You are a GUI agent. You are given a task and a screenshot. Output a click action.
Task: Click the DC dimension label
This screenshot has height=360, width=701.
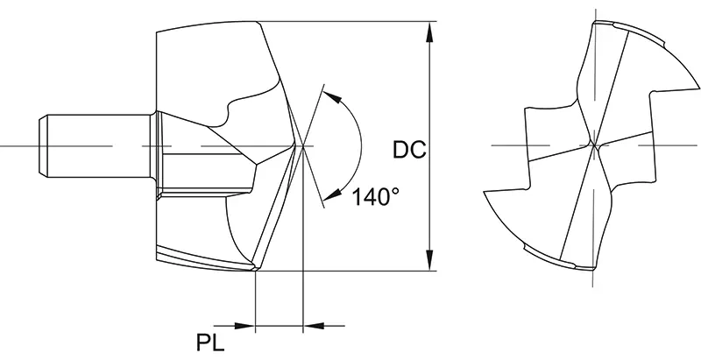(x=408, y=151)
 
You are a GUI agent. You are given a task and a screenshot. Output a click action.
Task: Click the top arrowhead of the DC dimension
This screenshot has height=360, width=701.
(x=429, y=31)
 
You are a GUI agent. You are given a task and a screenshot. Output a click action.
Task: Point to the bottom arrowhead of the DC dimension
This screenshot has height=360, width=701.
(x=429, y=261)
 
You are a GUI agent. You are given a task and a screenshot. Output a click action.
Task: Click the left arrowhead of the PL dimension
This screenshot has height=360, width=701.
(x=246, y=326)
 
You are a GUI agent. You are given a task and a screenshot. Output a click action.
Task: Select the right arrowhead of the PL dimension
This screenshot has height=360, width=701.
(x=310, y=326)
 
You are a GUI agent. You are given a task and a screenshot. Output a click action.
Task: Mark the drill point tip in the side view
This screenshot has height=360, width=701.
(x=301, y=145)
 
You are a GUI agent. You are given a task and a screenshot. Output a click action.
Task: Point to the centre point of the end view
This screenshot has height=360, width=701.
(x=593, y=145)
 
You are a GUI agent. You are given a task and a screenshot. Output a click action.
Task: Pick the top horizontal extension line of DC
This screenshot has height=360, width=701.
(x=350, y=20)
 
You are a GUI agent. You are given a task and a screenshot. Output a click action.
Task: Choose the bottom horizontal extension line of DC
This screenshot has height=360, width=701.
(x=350, y=272)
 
